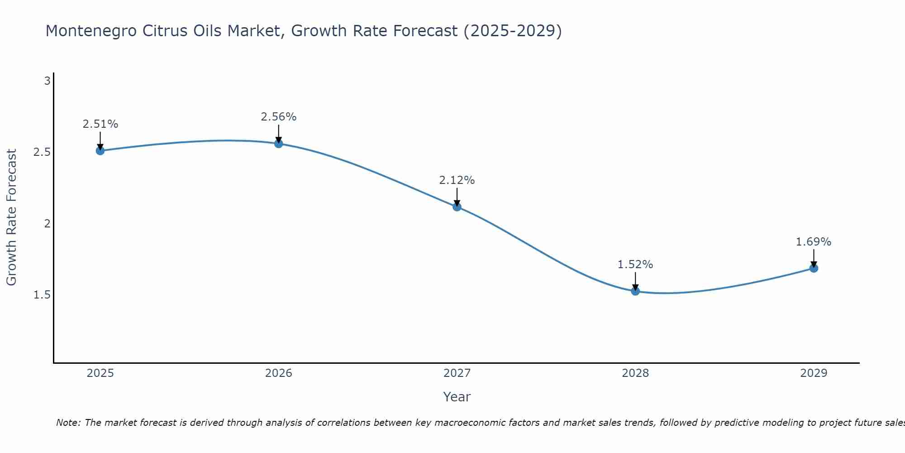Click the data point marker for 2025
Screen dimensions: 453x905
point(100,151)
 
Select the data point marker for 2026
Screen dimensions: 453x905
point(279,144)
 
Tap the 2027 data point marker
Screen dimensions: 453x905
point(457,207)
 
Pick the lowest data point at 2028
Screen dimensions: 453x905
point(635,291)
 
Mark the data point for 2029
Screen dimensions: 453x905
point(814,268)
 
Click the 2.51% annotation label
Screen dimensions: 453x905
point(100,124)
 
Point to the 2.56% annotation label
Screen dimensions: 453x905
point(279,117)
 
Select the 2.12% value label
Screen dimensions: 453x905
point(457,180)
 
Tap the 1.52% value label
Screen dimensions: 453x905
point(635,265)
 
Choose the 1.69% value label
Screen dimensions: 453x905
point(814,242)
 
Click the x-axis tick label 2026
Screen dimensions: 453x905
point(279,373)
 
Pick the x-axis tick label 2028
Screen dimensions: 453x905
point(635,373)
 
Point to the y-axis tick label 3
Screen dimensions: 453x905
point(47,81)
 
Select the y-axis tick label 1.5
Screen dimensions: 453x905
point(42,295)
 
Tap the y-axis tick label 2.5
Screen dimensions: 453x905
point(42,152)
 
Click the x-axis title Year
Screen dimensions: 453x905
point(457,397)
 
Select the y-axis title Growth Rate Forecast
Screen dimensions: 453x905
point(11,217)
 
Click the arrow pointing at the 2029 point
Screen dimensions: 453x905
point(814,258)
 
